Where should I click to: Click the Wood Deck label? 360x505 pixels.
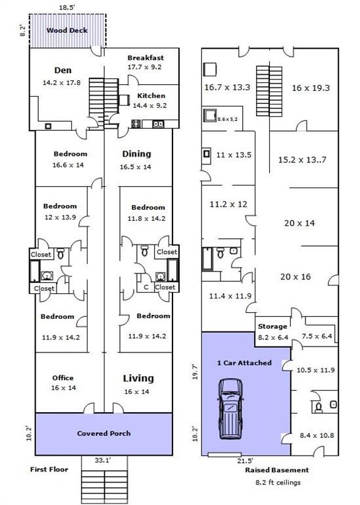(66, 30)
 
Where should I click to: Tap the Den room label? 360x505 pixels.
(63, 70)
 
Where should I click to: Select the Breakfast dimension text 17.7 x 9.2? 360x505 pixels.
(145, 67)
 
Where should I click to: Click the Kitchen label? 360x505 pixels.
(151, 95)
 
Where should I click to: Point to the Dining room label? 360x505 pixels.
(137, 154)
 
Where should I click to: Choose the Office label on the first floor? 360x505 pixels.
(63, 378)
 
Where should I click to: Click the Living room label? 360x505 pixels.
(138, 379)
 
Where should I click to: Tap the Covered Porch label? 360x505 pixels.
(104, 433)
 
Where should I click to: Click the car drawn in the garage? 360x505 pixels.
(230, 409)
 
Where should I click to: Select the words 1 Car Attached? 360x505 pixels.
(244, 363)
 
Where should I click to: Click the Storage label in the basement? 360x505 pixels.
(272, 327)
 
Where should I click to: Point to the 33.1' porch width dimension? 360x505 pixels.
(103, 460)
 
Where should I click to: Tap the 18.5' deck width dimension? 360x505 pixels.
(66, 7)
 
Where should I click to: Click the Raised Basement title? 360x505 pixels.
(277, 470)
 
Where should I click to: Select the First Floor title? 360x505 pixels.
(49, 469)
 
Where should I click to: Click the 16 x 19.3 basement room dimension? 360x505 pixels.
(311, 88)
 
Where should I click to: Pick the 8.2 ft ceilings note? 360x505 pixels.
(277, 483)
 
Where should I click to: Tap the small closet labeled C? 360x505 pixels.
(146, 287)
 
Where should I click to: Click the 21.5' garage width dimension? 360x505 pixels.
(245, 461)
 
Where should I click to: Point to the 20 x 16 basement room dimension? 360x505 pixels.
(296, 277)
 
